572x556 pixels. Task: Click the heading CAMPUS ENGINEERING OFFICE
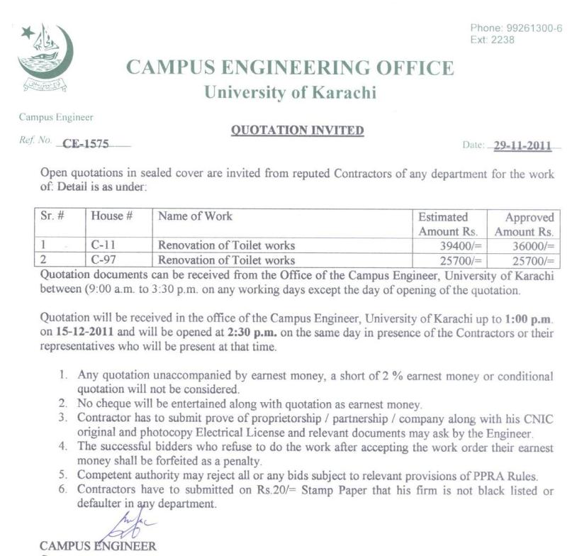[x=289, y=68]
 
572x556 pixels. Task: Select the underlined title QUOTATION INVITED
[x=298, y=130]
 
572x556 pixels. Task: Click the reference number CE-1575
[x=86, y=143]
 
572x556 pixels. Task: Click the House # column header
[x=112, y=216]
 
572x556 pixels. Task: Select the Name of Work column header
[x=195, y=216]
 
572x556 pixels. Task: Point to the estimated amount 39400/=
[x=460, y=245]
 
